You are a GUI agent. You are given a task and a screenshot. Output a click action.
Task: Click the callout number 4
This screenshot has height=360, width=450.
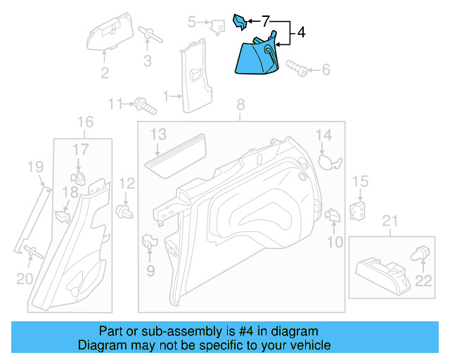(301, 32)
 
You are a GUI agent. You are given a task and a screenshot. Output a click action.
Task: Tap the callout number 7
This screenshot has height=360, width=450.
(265, 21)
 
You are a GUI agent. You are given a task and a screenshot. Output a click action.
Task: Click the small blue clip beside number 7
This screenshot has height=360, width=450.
(240, 22)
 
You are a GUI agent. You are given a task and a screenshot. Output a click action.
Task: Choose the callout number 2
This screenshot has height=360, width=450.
(104, 73)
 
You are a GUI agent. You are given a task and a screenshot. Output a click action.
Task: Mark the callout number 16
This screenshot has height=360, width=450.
(84, 122)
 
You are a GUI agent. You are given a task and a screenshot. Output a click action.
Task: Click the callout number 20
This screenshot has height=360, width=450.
(25, 278)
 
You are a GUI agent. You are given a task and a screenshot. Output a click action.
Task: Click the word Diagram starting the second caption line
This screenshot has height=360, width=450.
(101, 346)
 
